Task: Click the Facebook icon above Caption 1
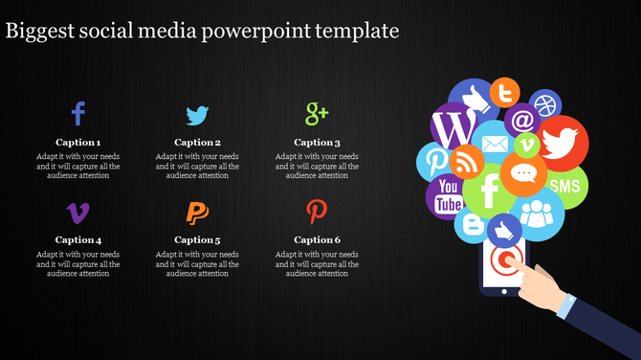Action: pos(78,115)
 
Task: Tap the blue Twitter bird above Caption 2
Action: pos(197,116)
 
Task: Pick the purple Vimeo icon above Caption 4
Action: pos(78,212)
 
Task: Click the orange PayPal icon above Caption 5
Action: pos(197,212)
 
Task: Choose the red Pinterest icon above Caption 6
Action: pos(316,211)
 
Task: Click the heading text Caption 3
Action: pos(317,143)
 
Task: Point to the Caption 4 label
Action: pos(78,240)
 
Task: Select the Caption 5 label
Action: pos(197,240)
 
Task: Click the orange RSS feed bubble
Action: pos(468,160)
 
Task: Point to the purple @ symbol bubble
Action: pos(522,121)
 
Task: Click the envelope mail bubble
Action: pos(494,145)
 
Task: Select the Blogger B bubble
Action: pos(473,224)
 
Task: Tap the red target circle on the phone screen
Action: pos(504,260)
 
